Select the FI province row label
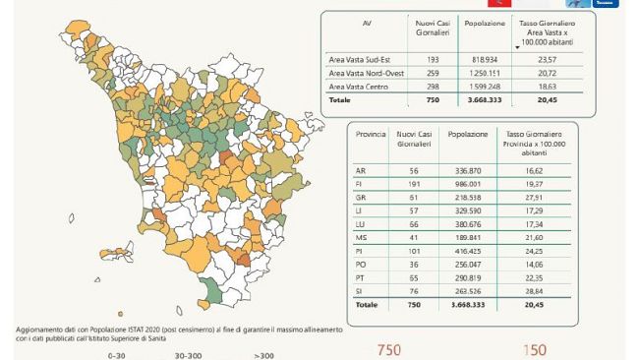pyautogui.click(x=361, y=183)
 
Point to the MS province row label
pyautogui.click(x=361, y=237)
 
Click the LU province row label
pyautogui.click(x=361, y=223)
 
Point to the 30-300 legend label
pyautogui.click(x=189, y=354)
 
